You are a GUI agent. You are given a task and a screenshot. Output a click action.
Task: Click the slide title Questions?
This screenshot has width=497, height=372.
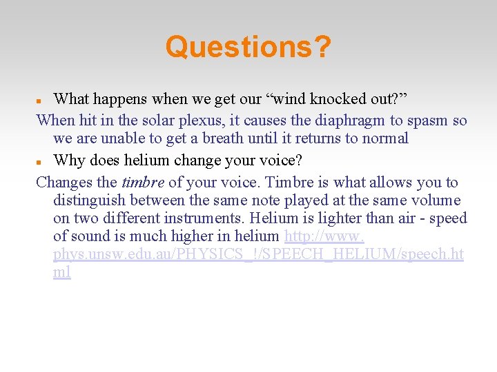(x=248, y=48)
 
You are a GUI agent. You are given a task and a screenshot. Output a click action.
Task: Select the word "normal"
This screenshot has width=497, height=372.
(x=383, y=138)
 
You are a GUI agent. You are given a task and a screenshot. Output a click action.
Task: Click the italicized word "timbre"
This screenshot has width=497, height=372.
(x=142, y=183)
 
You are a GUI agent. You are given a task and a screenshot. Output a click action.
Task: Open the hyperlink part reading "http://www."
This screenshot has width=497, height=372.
(x=324, y=236)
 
